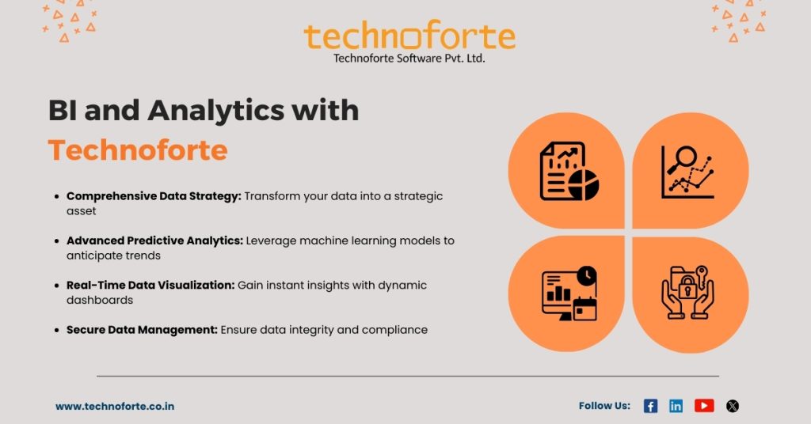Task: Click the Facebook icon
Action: pos(650,406)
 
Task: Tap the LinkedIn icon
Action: pos(676,406)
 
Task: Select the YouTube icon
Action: pos(704,406)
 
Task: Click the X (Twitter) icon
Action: pos(733,406)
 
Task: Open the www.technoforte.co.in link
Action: pos(115,407)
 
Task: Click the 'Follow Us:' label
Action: pos(604,406)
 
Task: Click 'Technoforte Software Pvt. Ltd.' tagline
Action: pos(409,59)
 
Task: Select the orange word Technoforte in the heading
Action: pos(138,150)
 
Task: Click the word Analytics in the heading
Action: pos(215,112)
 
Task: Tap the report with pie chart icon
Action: pos(569,172)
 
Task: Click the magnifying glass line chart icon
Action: pos(688,172)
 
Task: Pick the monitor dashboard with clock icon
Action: pos(569,293)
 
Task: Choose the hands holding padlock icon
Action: pos(688,293)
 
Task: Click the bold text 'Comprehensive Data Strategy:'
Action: pos(154,196)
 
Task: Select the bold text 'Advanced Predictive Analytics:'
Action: pos(154,240)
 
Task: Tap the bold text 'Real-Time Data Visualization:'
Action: pos(150,285)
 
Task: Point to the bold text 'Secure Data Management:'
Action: pos(142,330)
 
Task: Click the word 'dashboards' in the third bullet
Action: pos(100,300)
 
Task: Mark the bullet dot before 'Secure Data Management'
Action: pos(57,330)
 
